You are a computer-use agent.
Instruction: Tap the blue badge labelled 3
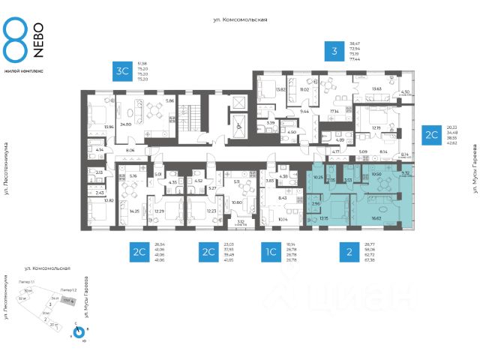tap(334, 51)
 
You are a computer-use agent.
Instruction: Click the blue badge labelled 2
tap(349, 251)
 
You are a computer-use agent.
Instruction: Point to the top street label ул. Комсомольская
tap(240, 20)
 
